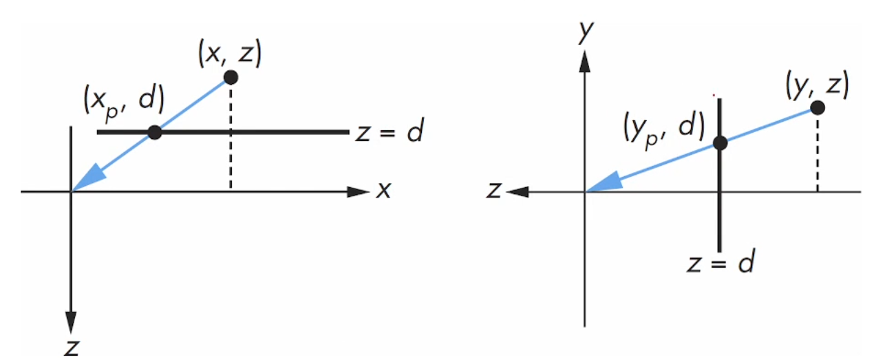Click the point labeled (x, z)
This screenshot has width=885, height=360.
[231, 77]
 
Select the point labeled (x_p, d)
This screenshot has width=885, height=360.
[155, 131]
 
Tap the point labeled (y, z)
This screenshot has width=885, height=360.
[818, 107]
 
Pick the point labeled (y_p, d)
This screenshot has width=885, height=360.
[720, 143]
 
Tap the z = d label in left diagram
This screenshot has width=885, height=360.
[389, 132]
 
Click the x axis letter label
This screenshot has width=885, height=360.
[383, 191]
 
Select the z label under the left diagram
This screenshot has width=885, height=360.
[70, 348]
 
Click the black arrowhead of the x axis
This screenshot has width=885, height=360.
[359, 191]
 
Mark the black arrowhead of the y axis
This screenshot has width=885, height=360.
[584, 63]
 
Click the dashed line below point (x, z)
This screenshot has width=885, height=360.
[231, 138]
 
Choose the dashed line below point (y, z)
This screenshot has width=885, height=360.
[818, 151]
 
